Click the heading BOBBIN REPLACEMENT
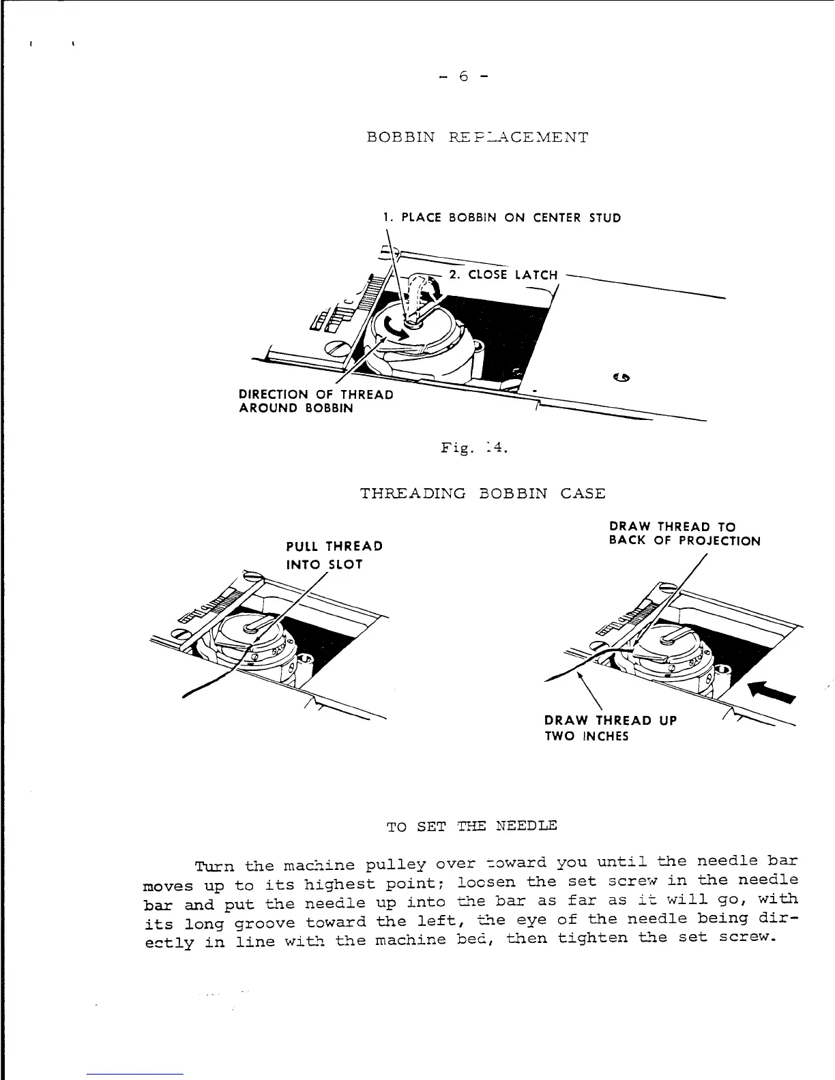477,137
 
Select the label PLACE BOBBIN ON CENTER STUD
501,218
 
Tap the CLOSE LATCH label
503,275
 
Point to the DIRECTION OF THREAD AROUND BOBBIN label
316,402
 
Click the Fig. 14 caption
475,448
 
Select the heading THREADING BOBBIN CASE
482,494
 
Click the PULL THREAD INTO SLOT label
334,555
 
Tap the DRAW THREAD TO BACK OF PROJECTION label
684,534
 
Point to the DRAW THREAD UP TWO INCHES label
611,728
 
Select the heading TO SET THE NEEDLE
471,826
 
